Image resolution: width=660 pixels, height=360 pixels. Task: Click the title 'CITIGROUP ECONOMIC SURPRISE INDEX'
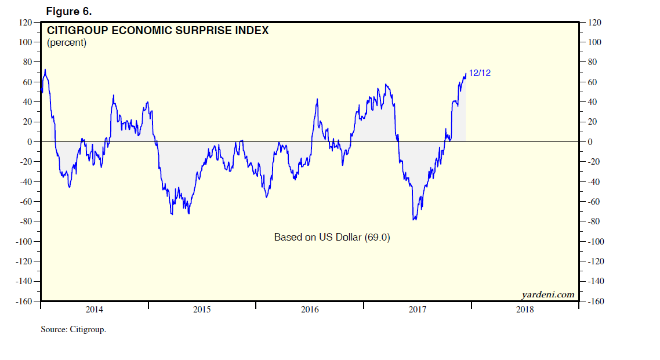click(158, 31)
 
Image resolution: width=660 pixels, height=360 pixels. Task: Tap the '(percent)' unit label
click(67, 43)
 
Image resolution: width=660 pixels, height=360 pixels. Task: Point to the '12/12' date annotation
click(480, 73)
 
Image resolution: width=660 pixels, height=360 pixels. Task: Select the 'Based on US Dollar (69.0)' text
click(332, 237)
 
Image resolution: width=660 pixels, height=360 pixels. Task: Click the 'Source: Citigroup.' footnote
click(74, 329)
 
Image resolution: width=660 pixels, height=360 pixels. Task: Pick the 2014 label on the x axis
click(95, 310)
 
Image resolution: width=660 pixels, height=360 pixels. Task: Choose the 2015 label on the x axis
click(202, 310)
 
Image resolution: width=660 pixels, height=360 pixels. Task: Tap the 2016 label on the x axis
click(310, 310)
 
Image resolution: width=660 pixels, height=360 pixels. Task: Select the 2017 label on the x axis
click(418, 310)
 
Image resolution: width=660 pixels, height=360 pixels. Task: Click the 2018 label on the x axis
click(525, 310)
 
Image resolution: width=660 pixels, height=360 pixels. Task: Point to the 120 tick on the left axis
click(26, 23)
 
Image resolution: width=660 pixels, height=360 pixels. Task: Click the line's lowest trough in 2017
click(414, 220)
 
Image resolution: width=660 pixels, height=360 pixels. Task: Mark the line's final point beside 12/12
click(466, 73)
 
